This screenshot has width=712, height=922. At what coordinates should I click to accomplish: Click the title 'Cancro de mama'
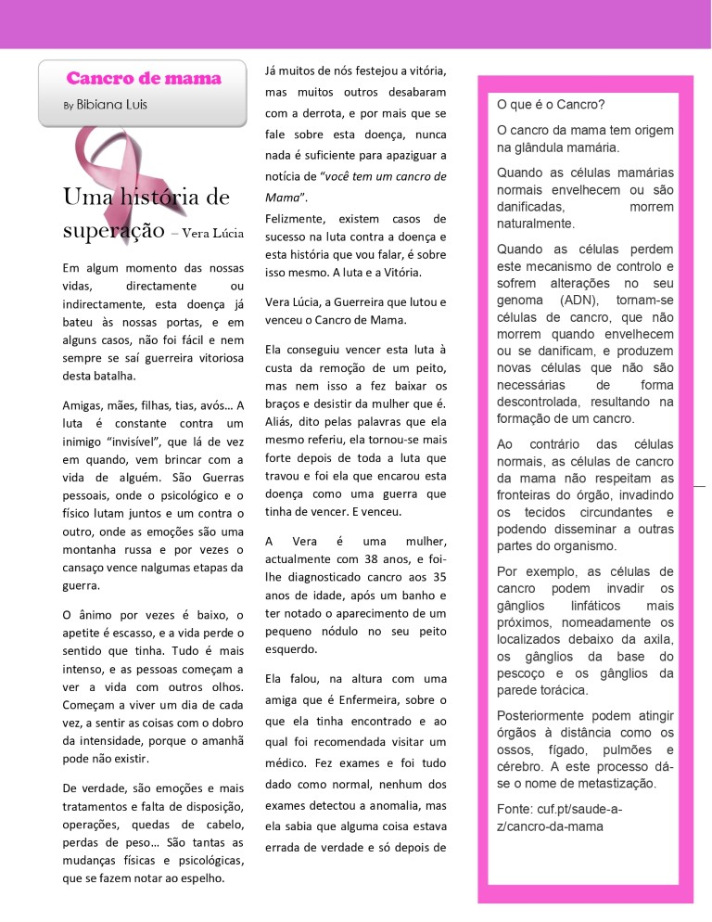tap(144, 79)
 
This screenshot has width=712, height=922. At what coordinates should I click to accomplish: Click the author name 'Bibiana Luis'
tap(112, 105)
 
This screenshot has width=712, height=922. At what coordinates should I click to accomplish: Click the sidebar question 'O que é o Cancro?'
tap(551, 105)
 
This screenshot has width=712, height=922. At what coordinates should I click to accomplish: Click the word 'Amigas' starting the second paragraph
tap(82, 405)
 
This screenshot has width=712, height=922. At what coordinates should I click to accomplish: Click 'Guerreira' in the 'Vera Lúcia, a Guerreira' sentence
tap(351, 302)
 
